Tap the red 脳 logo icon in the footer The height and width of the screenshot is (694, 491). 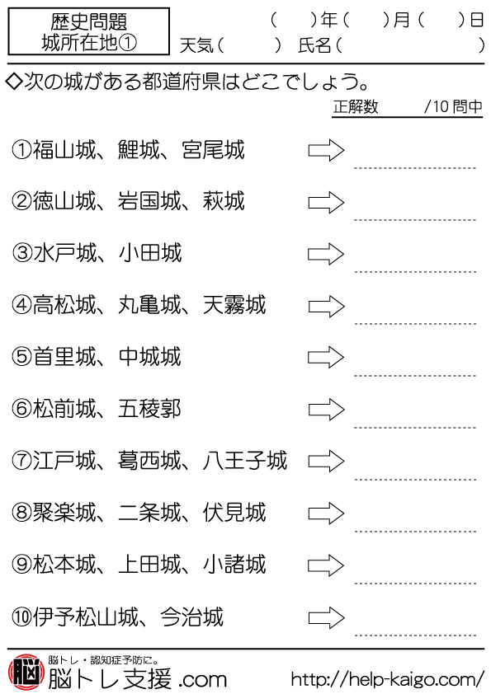coord(26,672)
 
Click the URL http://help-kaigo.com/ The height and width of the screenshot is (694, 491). coord(388,678)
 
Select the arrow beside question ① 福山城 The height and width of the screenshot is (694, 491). coord(326,151)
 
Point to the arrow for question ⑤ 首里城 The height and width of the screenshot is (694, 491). coord(326,357)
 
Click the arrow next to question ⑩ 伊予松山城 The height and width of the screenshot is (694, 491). coord(326,617)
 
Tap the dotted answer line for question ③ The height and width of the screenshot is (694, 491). coord(415,272)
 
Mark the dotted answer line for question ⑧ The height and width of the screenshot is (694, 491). coord(415,531)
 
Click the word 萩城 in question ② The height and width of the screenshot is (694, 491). coord(224,201)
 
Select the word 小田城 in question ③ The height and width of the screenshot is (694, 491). coord(150,253)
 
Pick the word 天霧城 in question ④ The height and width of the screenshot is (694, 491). coord(234,305)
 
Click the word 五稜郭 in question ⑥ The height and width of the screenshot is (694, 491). coord(150,409)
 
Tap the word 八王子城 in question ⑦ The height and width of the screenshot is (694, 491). coord(245,461)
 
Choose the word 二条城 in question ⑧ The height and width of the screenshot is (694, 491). coord(150,513)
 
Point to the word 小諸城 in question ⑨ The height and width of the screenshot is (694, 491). coord(234,565)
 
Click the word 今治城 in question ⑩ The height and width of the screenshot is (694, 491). coord(192,617)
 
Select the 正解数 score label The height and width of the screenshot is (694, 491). coord(356,106)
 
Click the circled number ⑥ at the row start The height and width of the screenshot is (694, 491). coord(21,409)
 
